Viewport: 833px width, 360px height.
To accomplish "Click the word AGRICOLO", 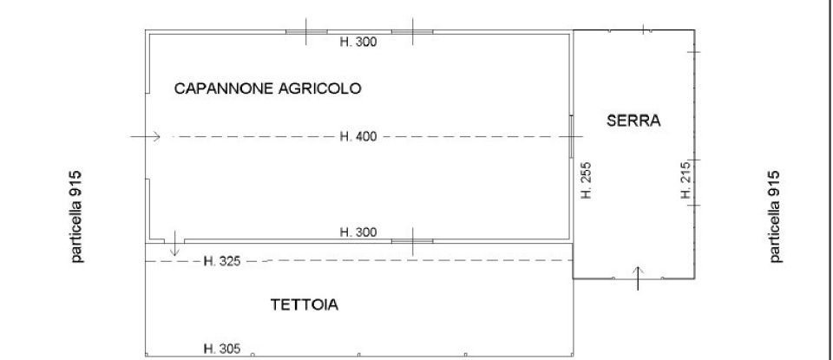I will pos(314,88).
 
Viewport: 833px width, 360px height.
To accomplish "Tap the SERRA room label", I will pos(633,121).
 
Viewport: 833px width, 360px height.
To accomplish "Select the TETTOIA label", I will pos(304,305).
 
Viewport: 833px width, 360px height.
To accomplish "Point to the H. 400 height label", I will pos(356,137).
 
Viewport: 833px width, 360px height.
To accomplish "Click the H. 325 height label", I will pos(220,260).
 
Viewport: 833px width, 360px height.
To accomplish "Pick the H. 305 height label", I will pos(220,349).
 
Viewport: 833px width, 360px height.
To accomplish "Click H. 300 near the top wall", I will pos(357,41).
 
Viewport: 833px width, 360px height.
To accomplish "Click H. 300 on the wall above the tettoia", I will pos(357,232).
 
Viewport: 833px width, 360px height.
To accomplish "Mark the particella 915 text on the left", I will pos(77,215).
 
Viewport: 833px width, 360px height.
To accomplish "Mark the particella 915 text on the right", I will pos(775,215).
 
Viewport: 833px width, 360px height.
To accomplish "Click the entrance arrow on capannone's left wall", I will pos(146,137).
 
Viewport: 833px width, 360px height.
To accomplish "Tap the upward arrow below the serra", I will pos(639,278).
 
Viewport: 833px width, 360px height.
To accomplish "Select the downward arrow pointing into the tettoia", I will pos(175,244).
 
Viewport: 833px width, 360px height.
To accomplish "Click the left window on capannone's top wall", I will pos(306,32).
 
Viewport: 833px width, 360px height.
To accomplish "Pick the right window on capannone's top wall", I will pos(412,32).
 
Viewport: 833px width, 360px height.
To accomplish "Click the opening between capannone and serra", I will pos(572,137).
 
